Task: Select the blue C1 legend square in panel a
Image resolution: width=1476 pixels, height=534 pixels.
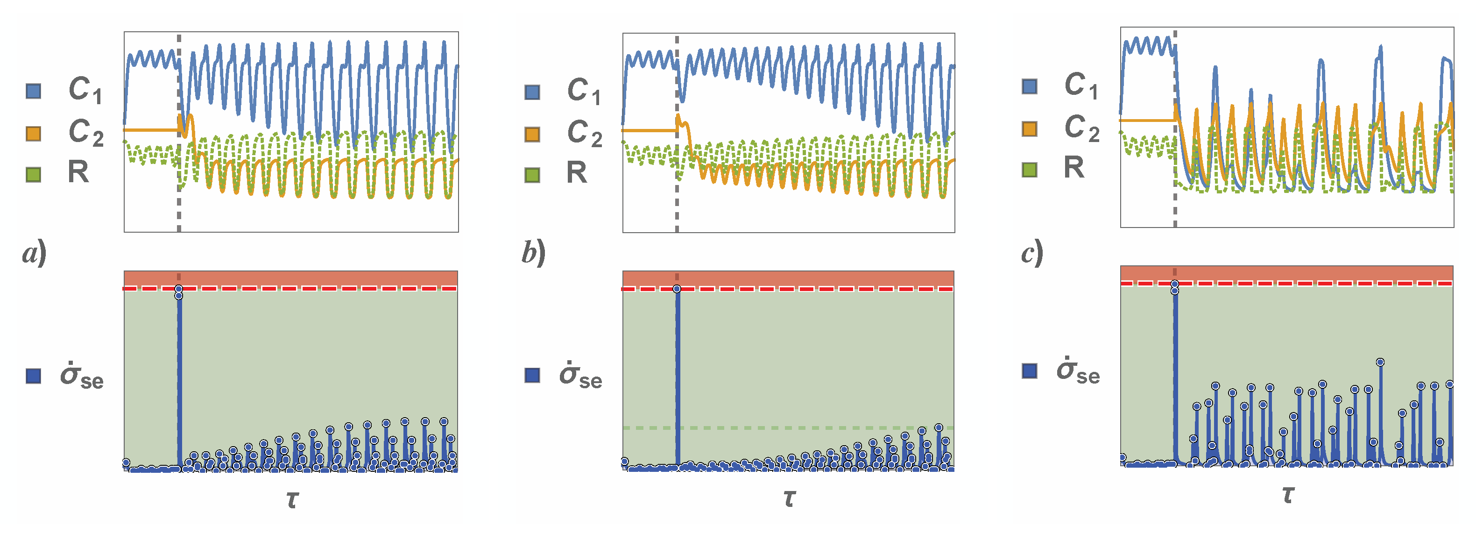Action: [x=34, y=91]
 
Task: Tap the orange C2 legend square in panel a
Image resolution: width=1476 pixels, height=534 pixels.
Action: [x=34, y=133]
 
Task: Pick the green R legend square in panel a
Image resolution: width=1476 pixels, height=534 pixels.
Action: [x=34, y=174]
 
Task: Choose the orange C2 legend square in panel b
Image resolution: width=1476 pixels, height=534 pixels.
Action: [x=532, y=134]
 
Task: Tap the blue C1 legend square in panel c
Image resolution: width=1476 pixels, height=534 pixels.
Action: [x=1030, y=86]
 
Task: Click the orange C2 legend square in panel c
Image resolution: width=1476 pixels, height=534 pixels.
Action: [x=1030, y=128]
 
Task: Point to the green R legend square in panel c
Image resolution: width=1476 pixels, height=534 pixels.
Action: [x=1030, y=170]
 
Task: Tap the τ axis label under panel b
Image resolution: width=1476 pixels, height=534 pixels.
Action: [x=790, y=498]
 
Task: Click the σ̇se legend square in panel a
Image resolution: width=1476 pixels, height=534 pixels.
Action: [x=34, y=376]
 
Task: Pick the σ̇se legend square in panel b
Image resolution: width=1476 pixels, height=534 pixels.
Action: [x=532, y=376]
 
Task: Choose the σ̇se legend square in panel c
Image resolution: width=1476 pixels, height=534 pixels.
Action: [x=1030, y=371]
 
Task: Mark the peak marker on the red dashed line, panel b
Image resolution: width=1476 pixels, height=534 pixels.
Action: [x=677, y=289]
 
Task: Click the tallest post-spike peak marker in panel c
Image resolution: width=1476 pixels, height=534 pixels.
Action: [x=1380, y=362]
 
